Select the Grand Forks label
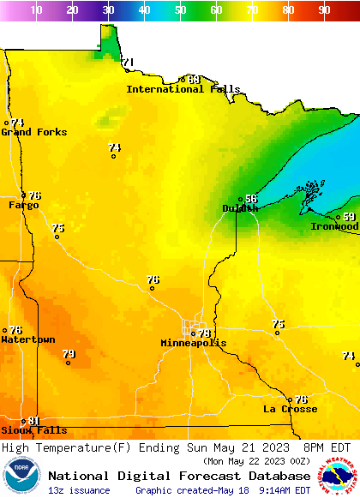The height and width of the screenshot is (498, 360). tap(34, 132)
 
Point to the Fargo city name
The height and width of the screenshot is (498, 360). tap(24, 206)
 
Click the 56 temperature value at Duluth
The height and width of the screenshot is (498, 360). tap(251, 199)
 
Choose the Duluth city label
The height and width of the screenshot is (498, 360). tap(240, 208)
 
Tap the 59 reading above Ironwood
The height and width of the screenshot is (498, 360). tap(349, 217)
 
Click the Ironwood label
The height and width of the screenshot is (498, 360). tap(334, 227)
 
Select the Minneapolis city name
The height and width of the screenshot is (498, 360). tap(194, 343)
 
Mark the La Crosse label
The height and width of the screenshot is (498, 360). tap(290, 409)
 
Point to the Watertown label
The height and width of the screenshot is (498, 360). tap(28, 340)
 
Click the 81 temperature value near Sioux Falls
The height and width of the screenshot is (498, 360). tap(34, 420)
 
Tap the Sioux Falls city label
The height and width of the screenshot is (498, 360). tap(33, 430)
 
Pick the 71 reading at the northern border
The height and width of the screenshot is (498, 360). tap(129, 62)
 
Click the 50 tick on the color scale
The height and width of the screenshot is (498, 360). tap(181, 10)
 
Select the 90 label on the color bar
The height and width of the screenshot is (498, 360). tap(324, 10)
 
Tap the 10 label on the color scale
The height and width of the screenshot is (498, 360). tap(37, 10)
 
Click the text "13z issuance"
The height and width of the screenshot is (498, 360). tap(79, 490)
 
